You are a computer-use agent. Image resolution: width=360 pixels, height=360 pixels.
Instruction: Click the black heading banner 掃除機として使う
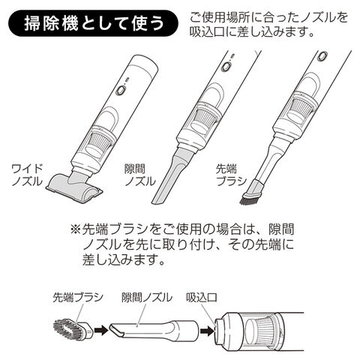pyautogui.click(x=93, y=23)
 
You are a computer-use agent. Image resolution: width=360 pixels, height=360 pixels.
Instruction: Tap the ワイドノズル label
pyautogui.click(x=27, y=175)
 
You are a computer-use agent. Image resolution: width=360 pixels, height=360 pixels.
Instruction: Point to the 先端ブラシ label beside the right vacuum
pyautogui.click(x=231, y=175)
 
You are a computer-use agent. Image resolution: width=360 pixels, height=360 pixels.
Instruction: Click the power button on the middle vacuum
pyautogui.click(x=226, y=66)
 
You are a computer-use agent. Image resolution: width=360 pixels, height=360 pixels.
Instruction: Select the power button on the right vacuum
pyautogui.click(x=322, y=56)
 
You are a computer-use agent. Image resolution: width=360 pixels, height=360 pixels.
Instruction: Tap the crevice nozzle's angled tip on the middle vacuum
pyautogui.click(x=158, y=198)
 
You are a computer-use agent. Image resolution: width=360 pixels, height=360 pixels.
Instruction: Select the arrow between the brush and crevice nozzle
pyautogui.click(x=101, y=330)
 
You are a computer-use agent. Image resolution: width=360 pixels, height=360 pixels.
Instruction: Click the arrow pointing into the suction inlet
pyautogui.click(x=208, y=331)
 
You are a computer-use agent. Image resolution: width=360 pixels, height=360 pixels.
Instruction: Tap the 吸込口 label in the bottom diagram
pyautogui.click(x=201, y=298)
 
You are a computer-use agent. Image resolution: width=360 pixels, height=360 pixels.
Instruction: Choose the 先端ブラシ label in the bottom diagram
pyautogui.click(x=78, y=298)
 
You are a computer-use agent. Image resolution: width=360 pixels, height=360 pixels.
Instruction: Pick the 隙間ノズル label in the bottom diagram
pyautogui.click(x=147, y=298)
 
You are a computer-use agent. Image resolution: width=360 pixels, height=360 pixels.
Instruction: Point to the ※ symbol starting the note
pyautogui.click(x=76, y=229)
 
